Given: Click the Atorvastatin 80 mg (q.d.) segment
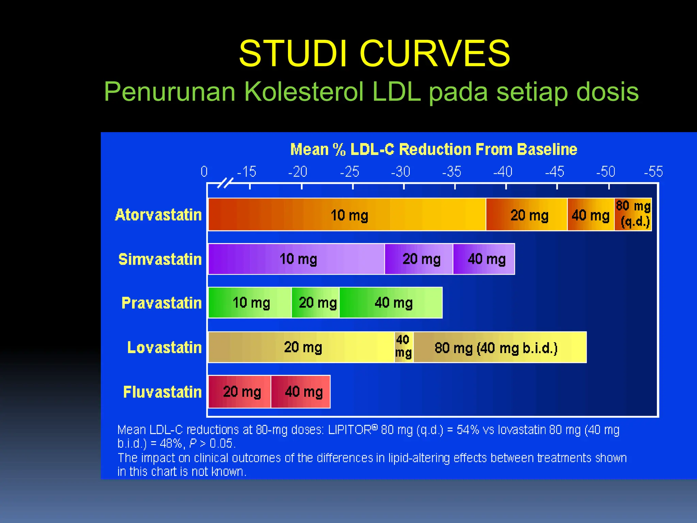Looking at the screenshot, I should click(633, 214).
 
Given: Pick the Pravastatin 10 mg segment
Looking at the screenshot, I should click(250, 303).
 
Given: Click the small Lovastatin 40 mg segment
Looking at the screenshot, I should click(404, 347).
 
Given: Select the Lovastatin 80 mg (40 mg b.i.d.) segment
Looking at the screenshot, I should click(500, 348).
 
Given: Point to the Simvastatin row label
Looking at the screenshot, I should click(160, 259).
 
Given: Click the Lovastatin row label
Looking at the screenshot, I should click(164, 348).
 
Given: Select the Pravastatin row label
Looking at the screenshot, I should click(162, 303).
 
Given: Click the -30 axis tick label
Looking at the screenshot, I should click(401, 172).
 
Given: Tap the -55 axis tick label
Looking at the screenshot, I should click(653, 172).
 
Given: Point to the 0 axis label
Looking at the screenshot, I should click(204, 172).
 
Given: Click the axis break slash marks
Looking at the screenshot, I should click(225, 183).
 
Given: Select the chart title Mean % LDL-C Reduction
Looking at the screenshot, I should click(434, 149).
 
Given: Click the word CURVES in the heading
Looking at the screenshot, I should click(435, 53).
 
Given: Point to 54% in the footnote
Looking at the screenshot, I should click(468, 430).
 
